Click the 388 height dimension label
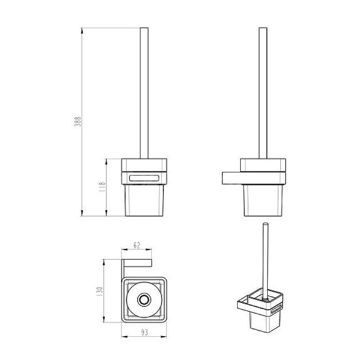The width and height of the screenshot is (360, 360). [78, 121]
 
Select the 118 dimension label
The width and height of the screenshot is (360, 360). [102, 187]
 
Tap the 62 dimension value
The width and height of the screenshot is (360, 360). [137, 245]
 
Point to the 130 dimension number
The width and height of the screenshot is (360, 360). [100, 291]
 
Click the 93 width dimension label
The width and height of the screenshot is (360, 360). [144, 332]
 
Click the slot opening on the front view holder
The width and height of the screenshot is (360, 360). [144, 178]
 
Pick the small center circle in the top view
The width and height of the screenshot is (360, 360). [144, 300]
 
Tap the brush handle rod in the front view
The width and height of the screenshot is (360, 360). [144, 93]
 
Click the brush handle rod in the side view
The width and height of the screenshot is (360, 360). [263, 93]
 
